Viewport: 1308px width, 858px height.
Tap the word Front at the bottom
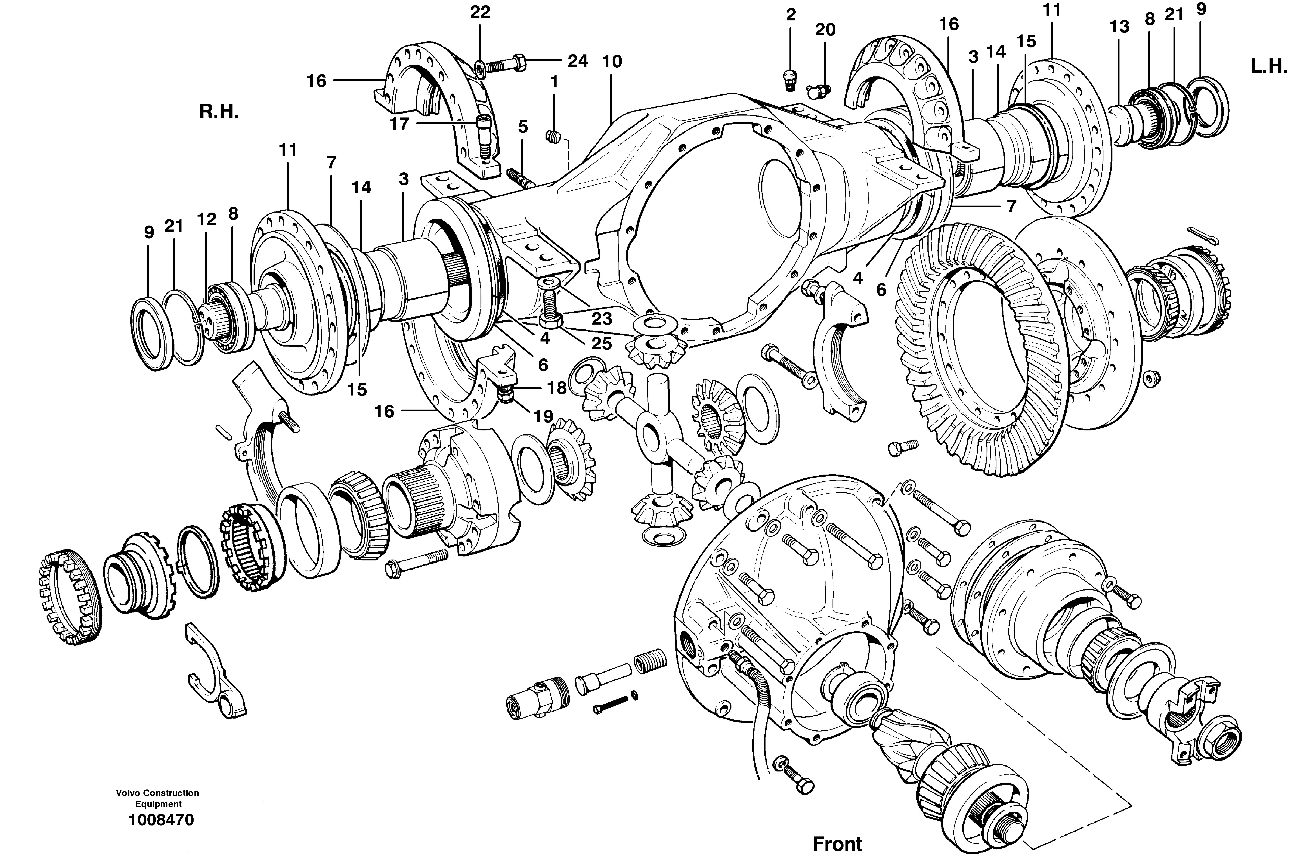pyautogui.click(x=837, y=843)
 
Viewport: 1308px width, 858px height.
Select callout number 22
pyautogui.click(x=480, y=12)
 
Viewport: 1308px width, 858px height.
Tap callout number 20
pyautogui.click(x=825, y=30)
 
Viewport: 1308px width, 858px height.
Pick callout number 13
pyautogui.click(x=1119, y=26)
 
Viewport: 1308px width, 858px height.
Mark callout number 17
pyautogui.click(x=399, y=124)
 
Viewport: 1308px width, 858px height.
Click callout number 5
pyautogui.click(x=523, y=127)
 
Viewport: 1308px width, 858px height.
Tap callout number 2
pyautogui.click(x=791, y=15)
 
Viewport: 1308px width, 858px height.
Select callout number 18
pyautogui.click(x=557, y=388)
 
